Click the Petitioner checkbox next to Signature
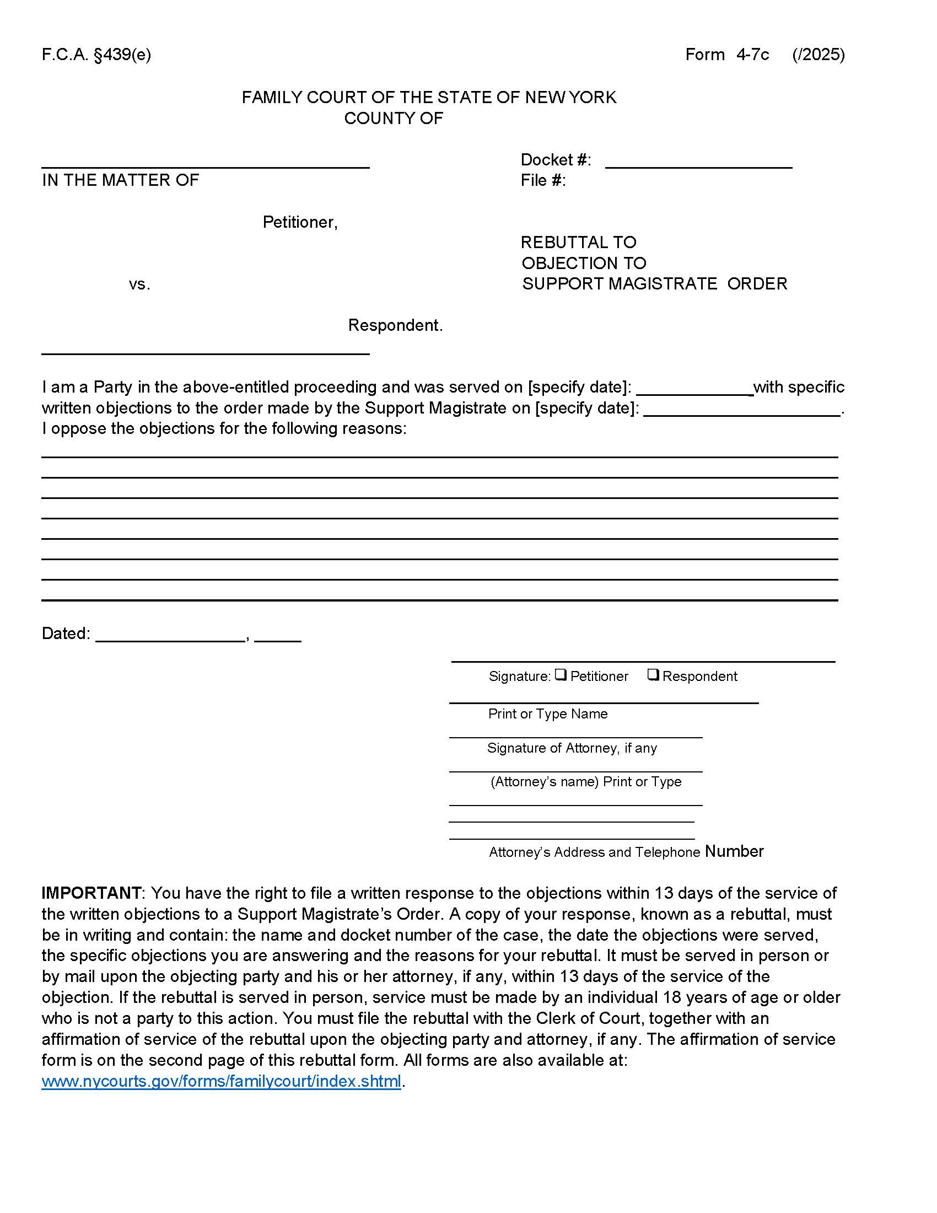561,675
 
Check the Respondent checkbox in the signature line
653,675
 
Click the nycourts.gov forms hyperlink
221,1081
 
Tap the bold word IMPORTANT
91,893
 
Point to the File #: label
542,180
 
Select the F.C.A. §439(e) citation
96,55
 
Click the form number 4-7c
752,55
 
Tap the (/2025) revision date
818,55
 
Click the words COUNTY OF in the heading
393,119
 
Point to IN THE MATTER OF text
120,180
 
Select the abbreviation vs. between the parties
139,285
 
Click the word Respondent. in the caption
395,325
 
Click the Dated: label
66,634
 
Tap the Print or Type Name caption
547,713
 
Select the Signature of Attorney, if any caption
572,748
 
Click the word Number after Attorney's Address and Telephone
734,851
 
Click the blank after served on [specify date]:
694,387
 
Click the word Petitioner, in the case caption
300,222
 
